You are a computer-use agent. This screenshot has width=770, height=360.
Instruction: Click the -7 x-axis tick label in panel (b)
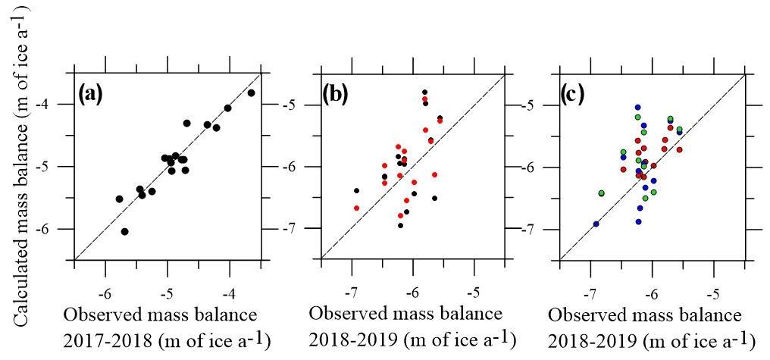pyautogui.click(x=350, y=292)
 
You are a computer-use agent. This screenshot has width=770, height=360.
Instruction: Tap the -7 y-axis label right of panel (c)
pyautogui.click(x=533, y=229)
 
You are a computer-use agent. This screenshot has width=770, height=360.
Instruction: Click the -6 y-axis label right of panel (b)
pyautogui.click(x=293, y=167)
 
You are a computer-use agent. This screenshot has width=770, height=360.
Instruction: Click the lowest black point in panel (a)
pyautogui.click(x=125, y=231)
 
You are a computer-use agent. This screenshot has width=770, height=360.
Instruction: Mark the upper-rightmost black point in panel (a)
pyautogui.click(x=252, y=92)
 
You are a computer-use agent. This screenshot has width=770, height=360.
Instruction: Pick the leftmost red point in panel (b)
pyautogui.click(x=356, y=208)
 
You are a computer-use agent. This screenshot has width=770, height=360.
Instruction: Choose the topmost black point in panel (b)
pyautogui.click(x=424, y=92)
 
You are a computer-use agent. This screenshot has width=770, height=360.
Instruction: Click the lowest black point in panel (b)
pyautogui.click(x=400, y=225)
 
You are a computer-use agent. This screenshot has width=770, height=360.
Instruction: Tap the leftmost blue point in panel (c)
pyautogui.click(x=596, y=224)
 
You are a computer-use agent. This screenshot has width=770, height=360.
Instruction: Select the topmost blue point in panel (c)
pyautogui.click(x=638, y=108)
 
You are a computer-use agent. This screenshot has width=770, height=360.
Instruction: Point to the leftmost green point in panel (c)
pyautogui.click(x=602, y=193)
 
